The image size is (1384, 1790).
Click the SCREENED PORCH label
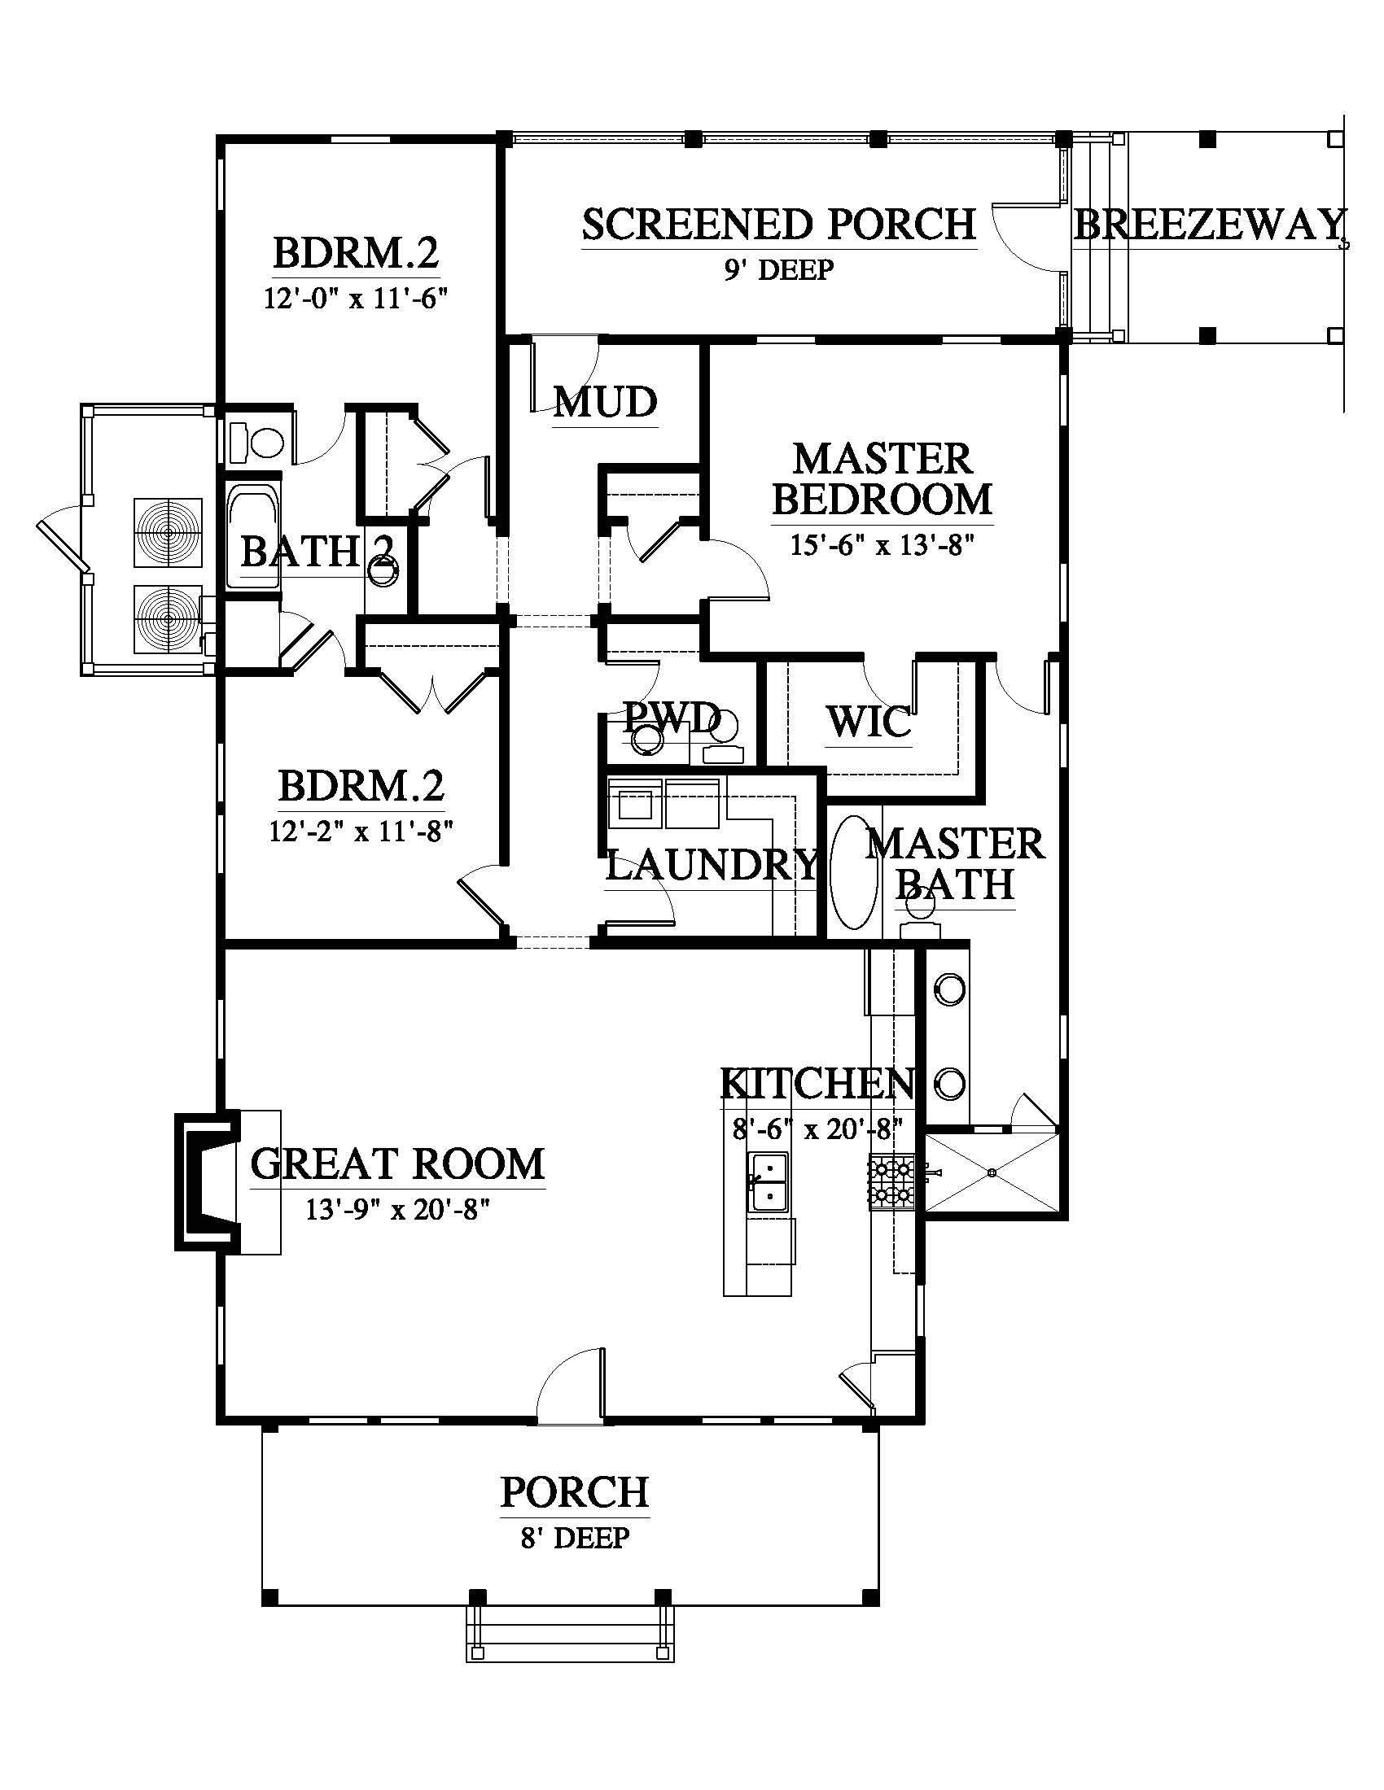tap(779, 224)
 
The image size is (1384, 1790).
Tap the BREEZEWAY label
tap(1210, 224)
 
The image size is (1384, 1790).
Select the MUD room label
tap(606, 403)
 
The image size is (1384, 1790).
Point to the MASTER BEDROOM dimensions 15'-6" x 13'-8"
tap(883, 545)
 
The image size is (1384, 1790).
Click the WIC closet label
tap(869, 722)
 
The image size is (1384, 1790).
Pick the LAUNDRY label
tap(712, 865)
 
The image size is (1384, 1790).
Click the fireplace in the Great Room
tap(208, 1181)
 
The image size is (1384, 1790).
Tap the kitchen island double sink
tap(769, 1181)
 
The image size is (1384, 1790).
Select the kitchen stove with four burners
tap(892, 1183)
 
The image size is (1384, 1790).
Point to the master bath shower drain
tap(993, 1172)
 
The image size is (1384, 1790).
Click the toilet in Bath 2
tap(256, 443)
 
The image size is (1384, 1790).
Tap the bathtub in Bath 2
tap(253, 537)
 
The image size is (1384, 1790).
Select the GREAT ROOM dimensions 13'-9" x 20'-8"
tap(398, 1209)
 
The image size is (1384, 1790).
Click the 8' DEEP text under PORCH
tap(575, 1538)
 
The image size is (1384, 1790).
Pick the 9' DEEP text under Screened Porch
tap(778, 268)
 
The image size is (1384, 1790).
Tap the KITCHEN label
tap(817, 1084)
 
